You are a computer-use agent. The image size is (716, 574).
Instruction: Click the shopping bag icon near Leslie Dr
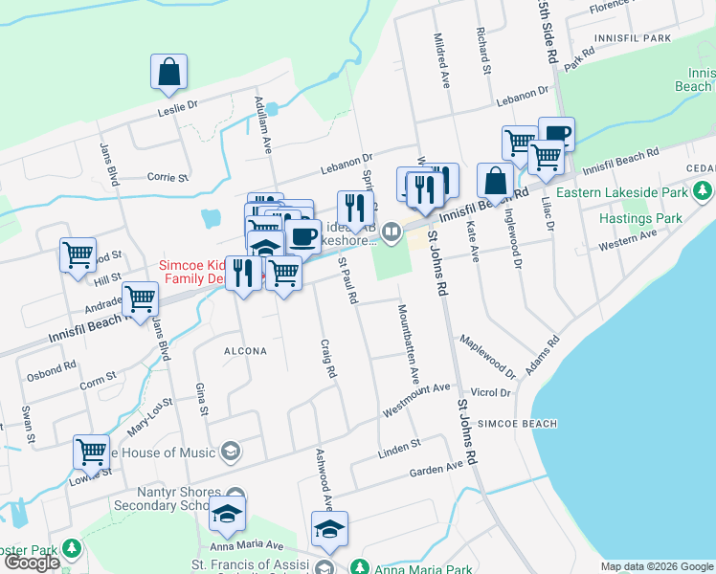point(168,72)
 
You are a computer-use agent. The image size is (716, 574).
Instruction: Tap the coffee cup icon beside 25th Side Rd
point(555,134)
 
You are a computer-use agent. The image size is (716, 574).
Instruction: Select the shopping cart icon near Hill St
point(78,255)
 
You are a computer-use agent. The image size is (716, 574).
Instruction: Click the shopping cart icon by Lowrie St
point(91,451)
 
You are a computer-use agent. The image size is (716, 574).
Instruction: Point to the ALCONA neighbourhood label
point(244,351)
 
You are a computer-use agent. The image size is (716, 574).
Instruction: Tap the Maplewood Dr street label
point(487,354)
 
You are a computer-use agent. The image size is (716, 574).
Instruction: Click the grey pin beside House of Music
point(231,451)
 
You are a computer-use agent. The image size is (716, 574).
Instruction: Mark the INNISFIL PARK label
point(632,38)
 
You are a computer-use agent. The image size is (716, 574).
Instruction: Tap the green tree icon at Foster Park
point(71,549)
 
